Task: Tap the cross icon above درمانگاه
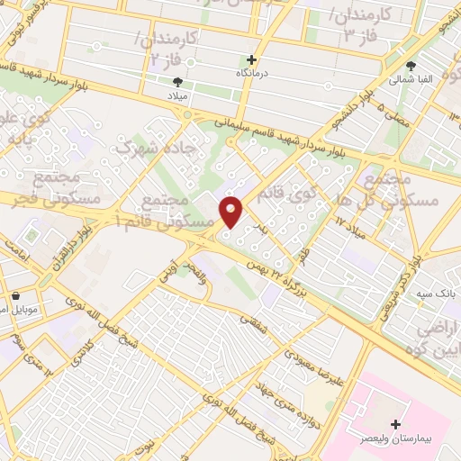[252, 59]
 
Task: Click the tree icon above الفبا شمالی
[411, 66]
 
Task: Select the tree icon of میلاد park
[176, 80]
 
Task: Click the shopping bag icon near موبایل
[15, 295]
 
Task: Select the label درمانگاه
[253, 71]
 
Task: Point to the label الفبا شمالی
[411, 79]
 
